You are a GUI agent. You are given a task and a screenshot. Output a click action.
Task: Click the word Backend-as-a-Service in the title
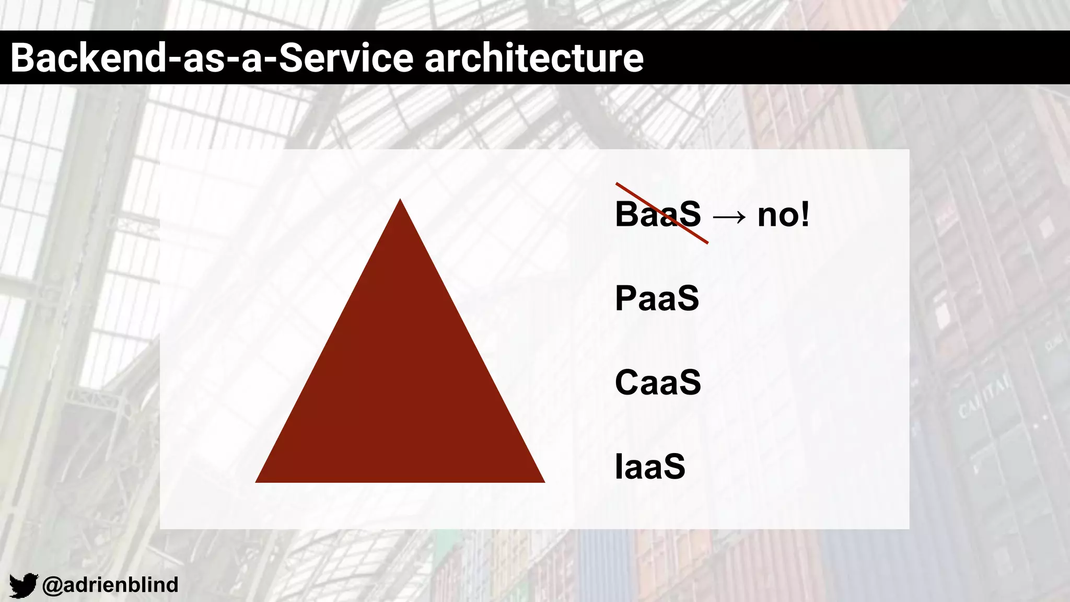[212, 58]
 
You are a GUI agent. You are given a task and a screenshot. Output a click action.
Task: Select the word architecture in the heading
[534, 58]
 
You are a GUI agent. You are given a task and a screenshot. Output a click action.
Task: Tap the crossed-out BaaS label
[658, 214]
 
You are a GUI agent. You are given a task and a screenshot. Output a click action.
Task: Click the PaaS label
[657, 298]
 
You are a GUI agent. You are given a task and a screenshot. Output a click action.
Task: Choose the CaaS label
[658, 383]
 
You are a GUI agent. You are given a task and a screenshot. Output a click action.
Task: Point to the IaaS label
[650, 466]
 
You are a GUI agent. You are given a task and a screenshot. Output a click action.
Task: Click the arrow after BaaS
[729, 216]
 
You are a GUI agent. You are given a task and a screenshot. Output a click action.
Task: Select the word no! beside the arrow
[783, 214]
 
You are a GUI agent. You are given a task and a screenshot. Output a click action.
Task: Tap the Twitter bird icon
[24, 585]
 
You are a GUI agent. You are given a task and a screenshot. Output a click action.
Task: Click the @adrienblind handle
[110, 585]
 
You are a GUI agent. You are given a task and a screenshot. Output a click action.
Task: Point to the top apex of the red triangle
[400, 201]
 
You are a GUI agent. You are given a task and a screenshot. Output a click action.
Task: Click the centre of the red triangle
[400, 387]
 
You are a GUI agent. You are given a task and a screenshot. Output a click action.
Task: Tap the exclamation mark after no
[805, 214]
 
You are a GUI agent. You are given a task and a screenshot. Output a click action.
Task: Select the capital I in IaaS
[619, 466]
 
